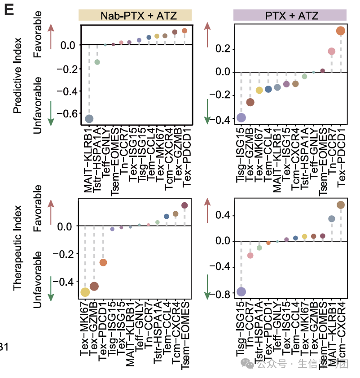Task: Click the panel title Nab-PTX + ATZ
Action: (135, 16)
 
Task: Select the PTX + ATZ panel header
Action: (290, 16)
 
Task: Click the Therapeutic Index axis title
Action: (18, 248)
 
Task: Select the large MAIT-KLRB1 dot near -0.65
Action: (89, 118)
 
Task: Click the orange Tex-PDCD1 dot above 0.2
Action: (340, 31)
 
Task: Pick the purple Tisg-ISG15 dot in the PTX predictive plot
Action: (241, 117)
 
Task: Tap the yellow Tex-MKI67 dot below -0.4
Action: (85, 292)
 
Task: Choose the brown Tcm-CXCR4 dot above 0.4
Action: (340, 205)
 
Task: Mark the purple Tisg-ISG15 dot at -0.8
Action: (241, 292)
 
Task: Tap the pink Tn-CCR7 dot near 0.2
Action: (331, 52)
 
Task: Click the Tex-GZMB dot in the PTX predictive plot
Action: (250, 102)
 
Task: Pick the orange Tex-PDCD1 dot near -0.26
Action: (103, 262)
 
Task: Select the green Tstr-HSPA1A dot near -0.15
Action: (97, 62)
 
